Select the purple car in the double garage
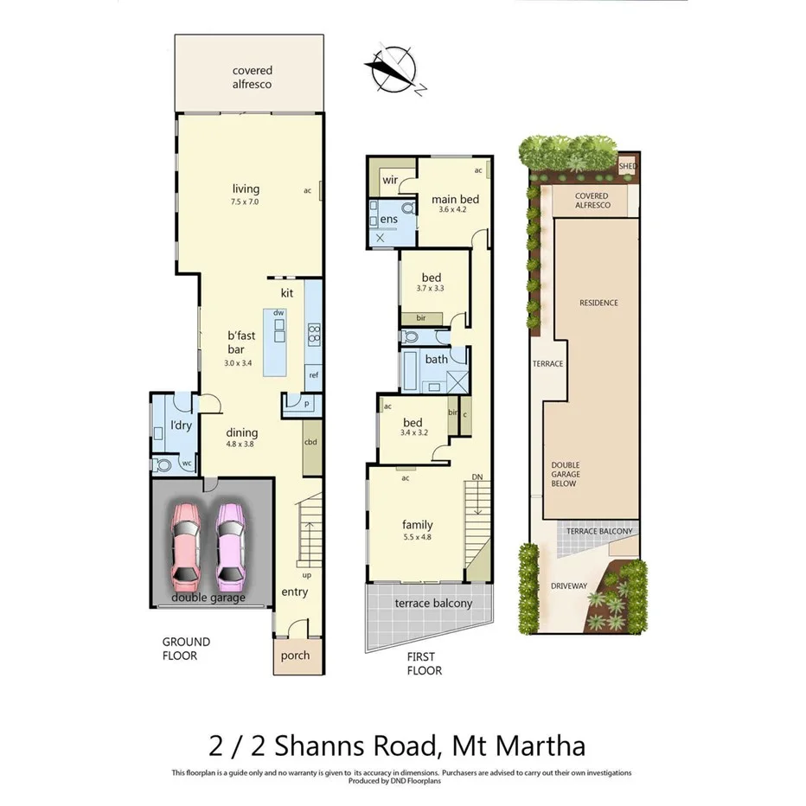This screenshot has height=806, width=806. [x=231, y=544]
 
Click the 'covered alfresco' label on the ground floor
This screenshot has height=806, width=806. [x=252, y=77]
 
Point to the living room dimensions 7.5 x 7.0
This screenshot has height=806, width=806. [x=246, y=201]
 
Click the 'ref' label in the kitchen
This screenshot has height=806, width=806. [x=313, y=375]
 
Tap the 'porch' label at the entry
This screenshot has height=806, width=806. [x=295, y=656]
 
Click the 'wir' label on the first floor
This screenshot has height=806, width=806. [x=390, y=180]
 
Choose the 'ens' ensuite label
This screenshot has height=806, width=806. [x=388, y=220]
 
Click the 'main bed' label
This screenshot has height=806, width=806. [x=455, y=200]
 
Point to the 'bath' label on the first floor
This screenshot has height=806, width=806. [x=436, y=359]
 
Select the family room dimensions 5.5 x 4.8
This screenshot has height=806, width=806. [x=418, y=537]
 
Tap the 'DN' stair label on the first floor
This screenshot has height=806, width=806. [x=477, y=477]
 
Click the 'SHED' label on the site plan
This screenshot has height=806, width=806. [x=629, y=166]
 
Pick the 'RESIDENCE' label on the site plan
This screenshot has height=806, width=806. [x=598, y=303]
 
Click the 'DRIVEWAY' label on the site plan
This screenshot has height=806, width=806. [x=569, y=586]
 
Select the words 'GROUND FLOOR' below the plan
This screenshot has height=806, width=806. [x=186, y=649]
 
